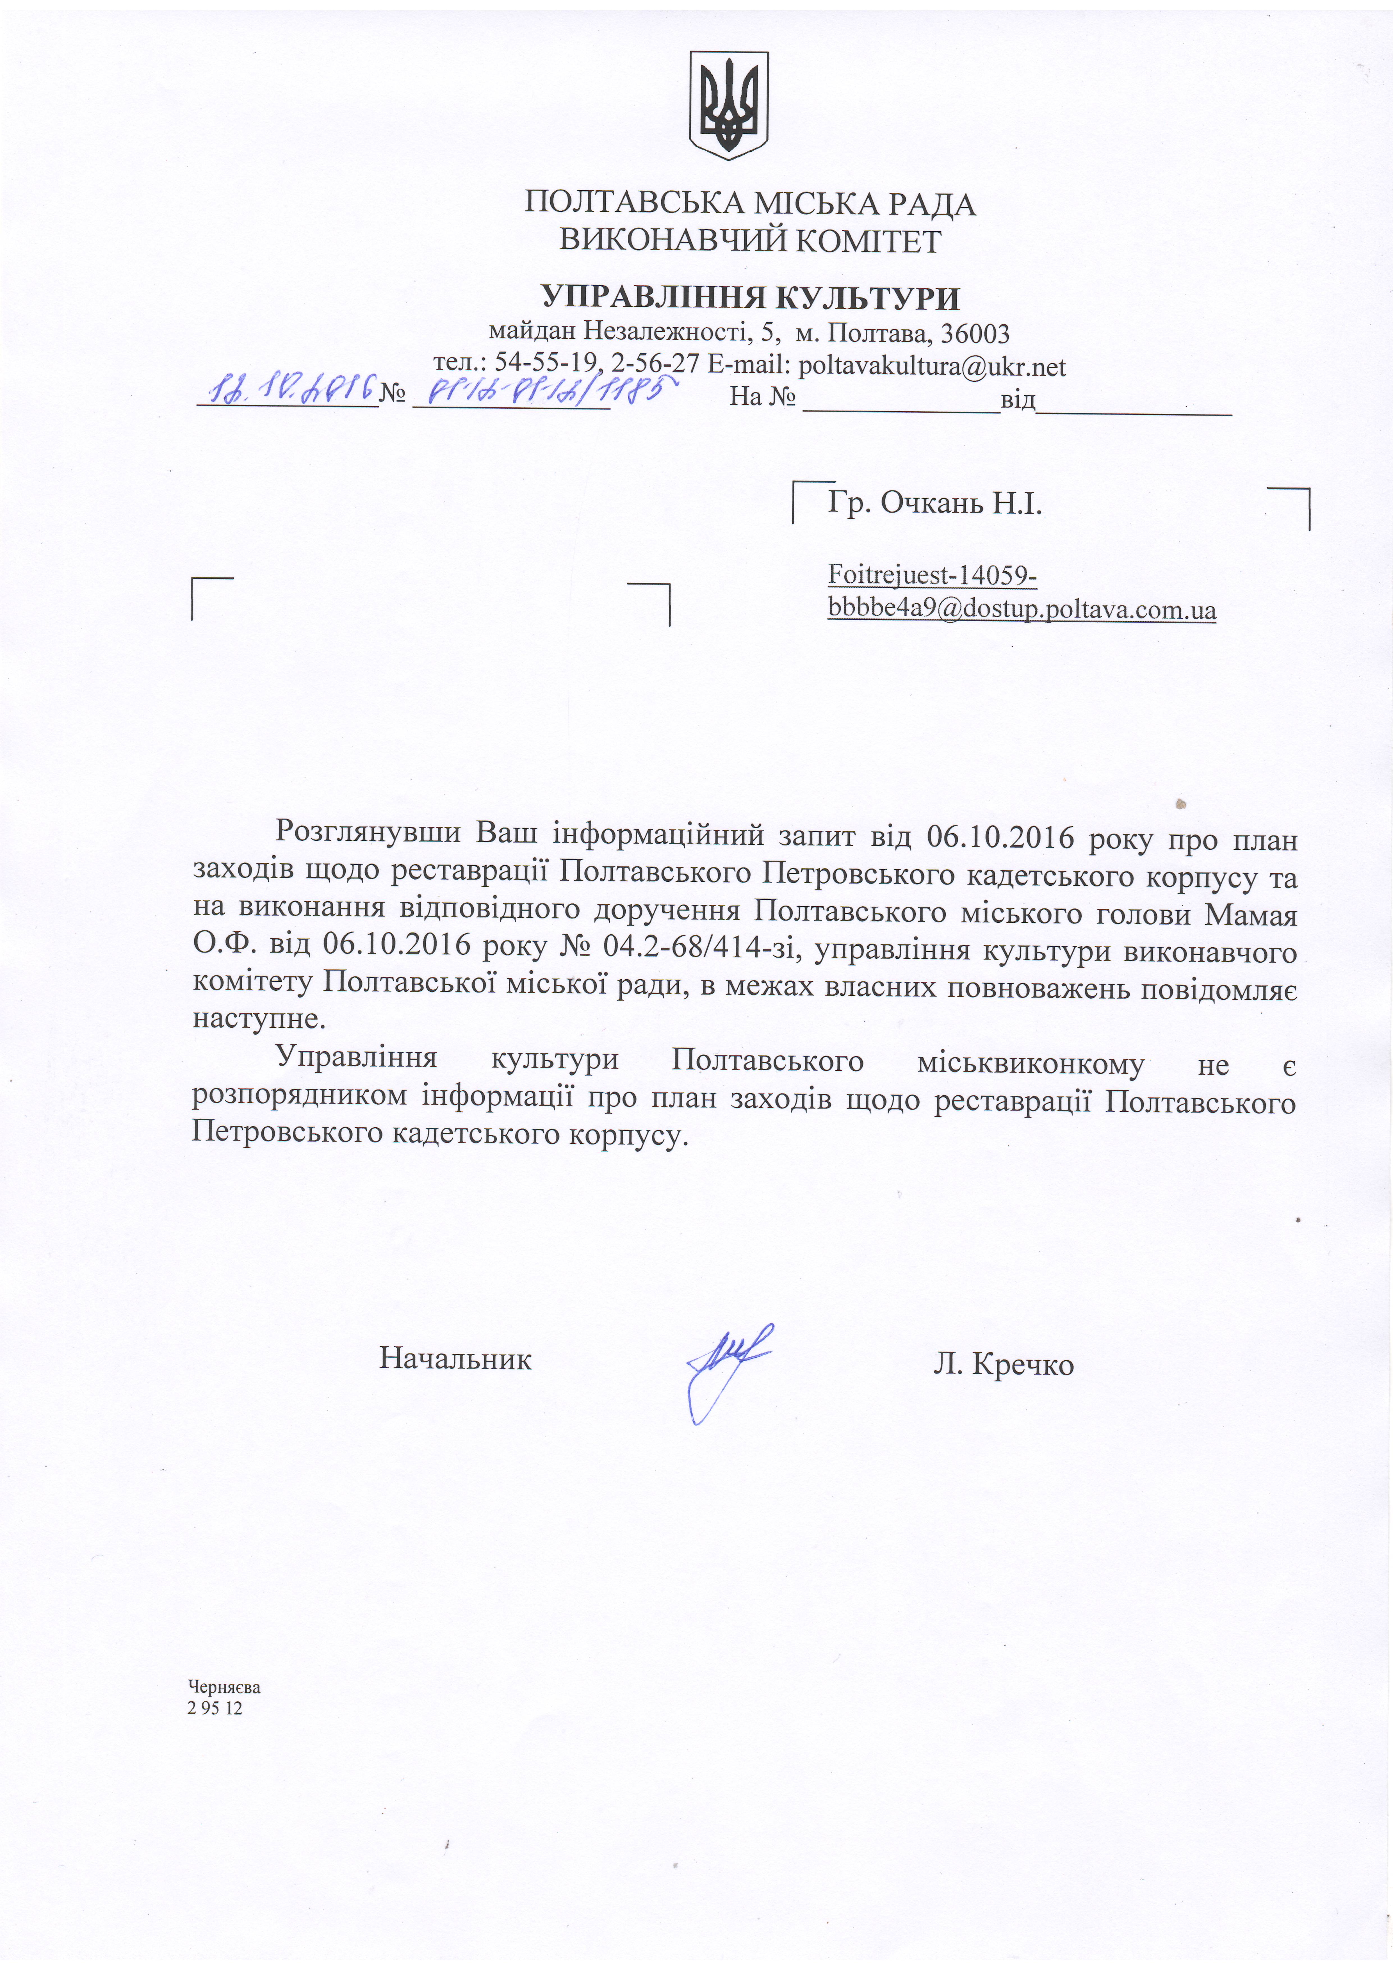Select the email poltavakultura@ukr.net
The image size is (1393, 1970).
pyautogui.click(x=932, y=367)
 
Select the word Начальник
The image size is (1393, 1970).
pyautogui.click(x=455, y=1359)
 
